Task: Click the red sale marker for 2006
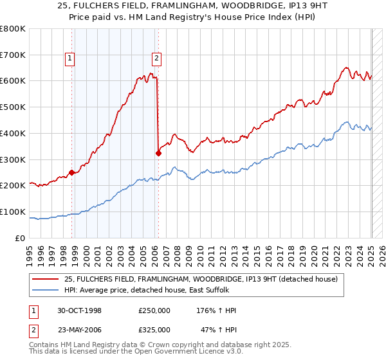tap(158, 153)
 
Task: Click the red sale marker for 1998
tap(73, 172)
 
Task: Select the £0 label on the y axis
tap(19, 238)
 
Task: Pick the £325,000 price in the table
tap(154, 330)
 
